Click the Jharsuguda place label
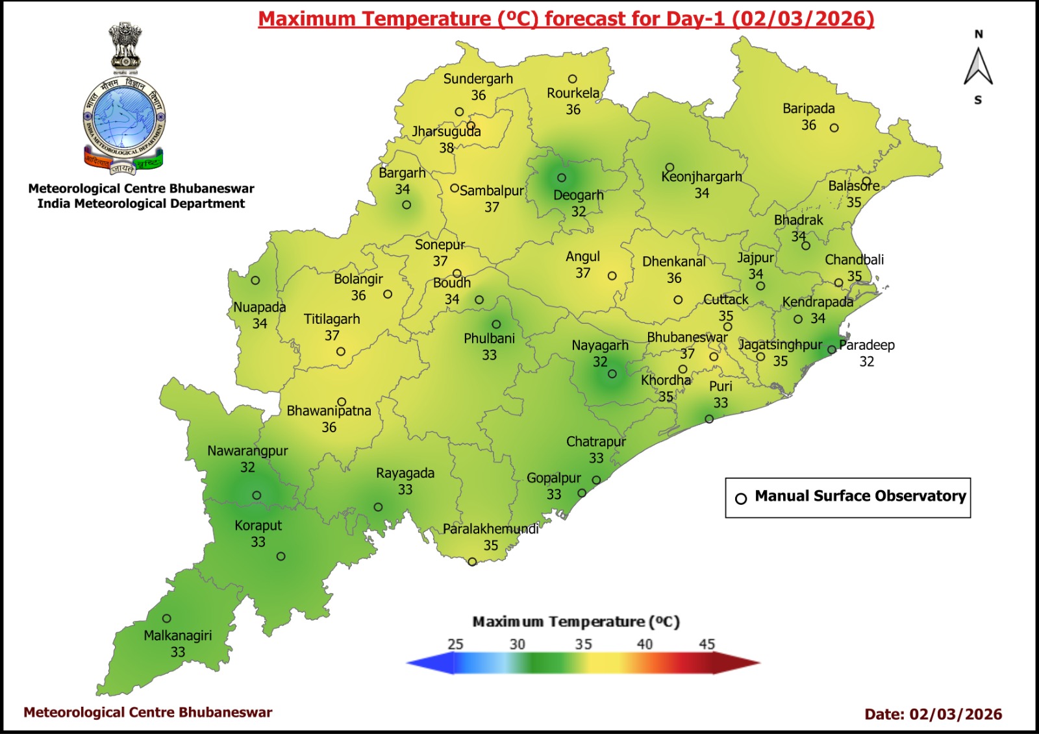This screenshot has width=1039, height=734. pos(446,132)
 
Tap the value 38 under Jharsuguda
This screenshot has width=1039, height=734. pos(446,148)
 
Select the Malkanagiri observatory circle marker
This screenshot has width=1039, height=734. pos(167,618)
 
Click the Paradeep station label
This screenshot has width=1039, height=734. pos(867,345)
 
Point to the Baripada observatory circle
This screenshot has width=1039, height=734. pos(834,128)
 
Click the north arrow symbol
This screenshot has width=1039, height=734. pos(978,67)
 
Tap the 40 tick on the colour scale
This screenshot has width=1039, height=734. pos(644,644)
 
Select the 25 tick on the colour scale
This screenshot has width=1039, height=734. pos(455,644)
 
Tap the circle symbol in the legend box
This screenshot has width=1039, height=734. pos(741,498)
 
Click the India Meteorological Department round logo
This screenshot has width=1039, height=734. pos(124,119)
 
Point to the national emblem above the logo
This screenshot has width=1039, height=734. pos(125,46)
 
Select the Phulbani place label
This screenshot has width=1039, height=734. pos(489,339)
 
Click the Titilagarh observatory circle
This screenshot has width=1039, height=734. pos(341,352)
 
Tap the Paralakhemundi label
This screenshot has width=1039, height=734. pos(490,529)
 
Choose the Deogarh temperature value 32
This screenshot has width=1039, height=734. pos(578,212)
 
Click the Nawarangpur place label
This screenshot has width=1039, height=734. pos(247,451)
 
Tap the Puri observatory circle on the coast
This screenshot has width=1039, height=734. pos(709,419)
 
